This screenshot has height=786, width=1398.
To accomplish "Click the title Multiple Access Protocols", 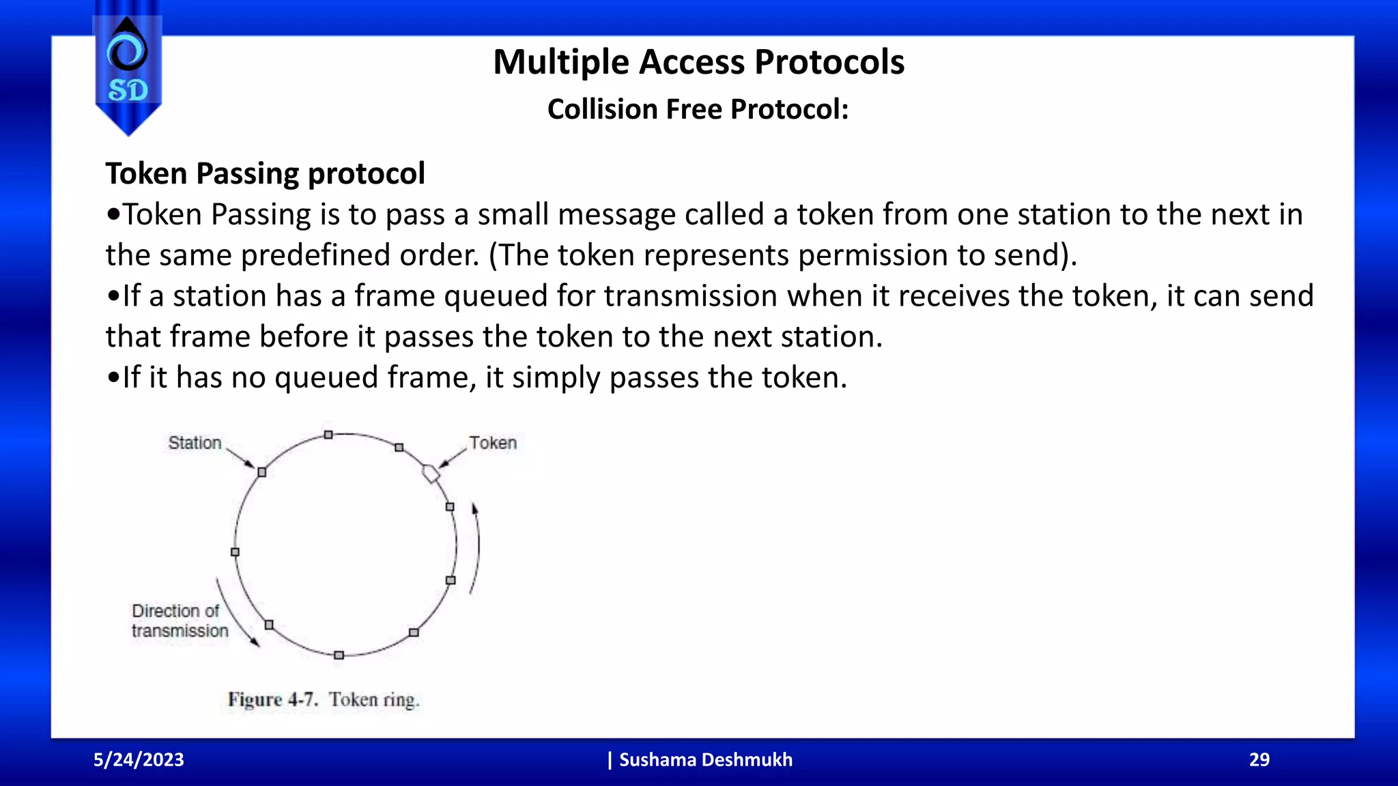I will tap(698, 62).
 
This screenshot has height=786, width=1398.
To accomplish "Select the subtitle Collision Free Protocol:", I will tap(698, 109).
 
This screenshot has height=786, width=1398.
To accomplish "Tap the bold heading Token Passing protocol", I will tap(265, 173).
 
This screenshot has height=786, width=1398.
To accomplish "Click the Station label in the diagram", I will tap(195, 443).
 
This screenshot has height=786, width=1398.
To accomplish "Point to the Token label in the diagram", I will tap(493, 443).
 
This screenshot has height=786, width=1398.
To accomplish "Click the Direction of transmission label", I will tap(179, 621).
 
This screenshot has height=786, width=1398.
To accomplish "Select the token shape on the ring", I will tap(431, 473).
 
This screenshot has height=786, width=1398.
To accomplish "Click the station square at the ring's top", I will tap(328, 435).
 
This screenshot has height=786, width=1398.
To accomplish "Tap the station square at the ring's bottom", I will tap(339, 655).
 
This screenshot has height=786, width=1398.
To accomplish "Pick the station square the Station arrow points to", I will tap(261, 472).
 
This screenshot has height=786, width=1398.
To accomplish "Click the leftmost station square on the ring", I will tap(235, 552).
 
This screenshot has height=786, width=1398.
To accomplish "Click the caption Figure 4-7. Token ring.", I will tap(324, 700).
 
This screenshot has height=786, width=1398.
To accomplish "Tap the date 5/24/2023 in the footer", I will tap(139, 759).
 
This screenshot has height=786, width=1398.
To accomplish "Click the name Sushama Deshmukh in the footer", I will tap(705, 759).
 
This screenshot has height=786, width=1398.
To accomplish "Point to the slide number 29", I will tap(1259, 759).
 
